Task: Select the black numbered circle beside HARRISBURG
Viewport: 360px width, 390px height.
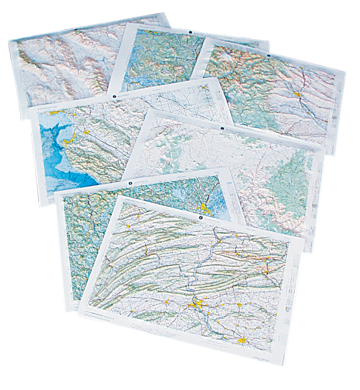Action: pyautogui.click(x=201, y=217)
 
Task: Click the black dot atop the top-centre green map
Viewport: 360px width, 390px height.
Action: pyautogui.click(x=190, y=32)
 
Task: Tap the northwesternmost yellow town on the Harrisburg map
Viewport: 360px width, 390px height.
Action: pyautogui.click(x=129, y=226)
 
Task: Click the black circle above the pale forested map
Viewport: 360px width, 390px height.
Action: pyautogui.click(x=221, y=128)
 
